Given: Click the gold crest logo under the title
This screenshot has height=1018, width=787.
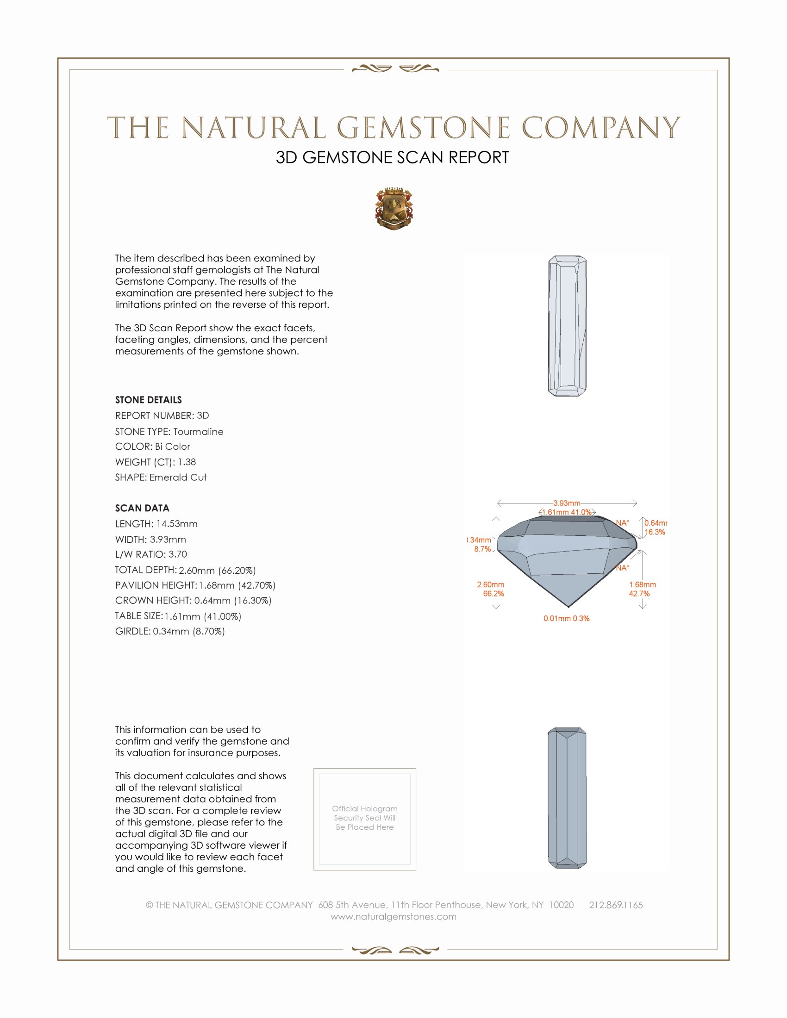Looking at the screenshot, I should point(393,208).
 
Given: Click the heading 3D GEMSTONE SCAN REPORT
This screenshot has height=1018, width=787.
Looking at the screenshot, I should point(392,157).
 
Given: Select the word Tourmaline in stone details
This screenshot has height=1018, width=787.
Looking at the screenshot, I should point(198,432).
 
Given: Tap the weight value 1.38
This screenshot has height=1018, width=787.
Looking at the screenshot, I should point(187,462).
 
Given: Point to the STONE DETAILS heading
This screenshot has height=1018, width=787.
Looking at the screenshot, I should point(148,400).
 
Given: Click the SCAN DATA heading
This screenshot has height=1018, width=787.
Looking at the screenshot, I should point(142,508).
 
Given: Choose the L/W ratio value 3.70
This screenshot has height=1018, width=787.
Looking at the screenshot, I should point(178,554).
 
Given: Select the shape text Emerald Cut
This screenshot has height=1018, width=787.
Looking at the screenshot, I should point(178,478).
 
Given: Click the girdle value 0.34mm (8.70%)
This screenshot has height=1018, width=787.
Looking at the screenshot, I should point(189,632).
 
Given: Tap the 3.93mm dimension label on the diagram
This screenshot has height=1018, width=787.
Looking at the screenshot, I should point(567,503).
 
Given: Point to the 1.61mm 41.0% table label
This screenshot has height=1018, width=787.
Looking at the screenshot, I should point(567,512).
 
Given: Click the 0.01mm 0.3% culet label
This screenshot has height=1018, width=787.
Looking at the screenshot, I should point(567,619).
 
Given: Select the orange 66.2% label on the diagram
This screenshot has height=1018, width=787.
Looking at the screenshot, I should point(493,594).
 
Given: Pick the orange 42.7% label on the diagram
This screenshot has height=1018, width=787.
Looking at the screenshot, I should point(639,594).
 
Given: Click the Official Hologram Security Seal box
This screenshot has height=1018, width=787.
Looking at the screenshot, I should point(365,819).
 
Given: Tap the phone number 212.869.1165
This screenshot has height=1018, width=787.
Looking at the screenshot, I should point(615,905).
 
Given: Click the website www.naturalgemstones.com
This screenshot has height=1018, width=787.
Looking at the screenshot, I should point(393,917).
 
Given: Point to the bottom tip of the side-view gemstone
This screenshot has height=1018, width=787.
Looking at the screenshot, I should point(568,607).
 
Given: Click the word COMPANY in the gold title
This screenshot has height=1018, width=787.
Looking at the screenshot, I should point(600,128).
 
